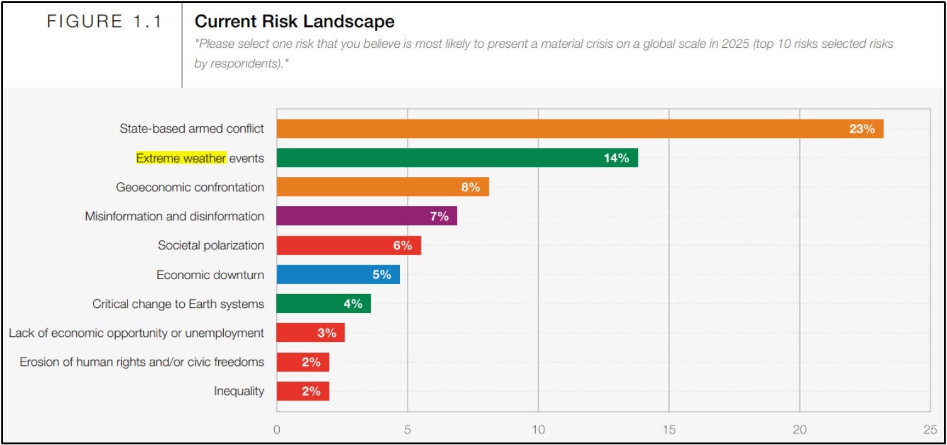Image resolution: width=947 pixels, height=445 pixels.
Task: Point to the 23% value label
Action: coord(861,129)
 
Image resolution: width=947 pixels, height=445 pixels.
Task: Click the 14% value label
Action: coord(616,158)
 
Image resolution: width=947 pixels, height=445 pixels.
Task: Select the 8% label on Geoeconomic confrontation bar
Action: coord(470,187)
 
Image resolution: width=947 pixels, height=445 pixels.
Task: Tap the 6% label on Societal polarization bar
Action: coord(402,246)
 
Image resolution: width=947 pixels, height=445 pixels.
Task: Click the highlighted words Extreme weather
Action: coord(181,158)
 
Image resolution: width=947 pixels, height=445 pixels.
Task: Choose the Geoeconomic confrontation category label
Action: coord(190,187)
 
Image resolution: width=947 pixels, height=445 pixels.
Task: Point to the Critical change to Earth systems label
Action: coord(178,304)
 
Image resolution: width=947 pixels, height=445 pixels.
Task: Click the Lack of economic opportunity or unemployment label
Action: coord(136,333)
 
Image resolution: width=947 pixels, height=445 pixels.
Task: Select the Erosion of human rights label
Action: coord(141,362)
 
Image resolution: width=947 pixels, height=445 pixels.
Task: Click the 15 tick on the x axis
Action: coord(668,430)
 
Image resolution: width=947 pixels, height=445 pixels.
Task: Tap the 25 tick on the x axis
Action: coord(930,430)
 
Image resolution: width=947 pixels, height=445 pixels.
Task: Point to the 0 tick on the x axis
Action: coord(277,430)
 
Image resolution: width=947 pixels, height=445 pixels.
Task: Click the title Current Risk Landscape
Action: coord(294,21)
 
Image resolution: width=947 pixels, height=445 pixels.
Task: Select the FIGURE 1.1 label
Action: coord(104,22)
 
